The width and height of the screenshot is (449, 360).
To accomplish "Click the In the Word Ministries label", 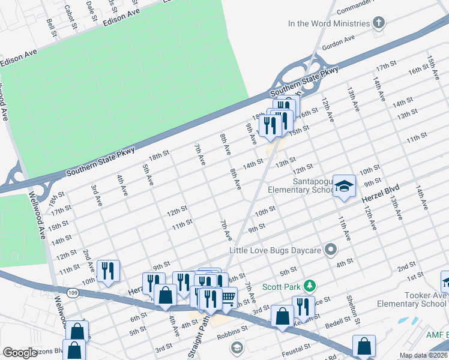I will point(328,24).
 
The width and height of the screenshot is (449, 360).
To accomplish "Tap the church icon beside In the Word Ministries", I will point(378,24).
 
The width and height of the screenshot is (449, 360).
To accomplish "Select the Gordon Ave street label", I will point(339,42).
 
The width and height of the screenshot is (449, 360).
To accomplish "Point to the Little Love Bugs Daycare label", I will point(276,249).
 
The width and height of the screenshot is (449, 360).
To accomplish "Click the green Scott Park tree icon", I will point(309,286).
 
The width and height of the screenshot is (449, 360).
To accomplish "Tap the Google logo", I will point(20,353).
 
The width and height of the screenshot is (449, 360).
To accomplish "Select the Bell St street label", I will point(52,26).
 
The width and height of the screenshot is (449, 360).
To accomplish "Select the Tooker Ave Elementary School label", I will point(412,299).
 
